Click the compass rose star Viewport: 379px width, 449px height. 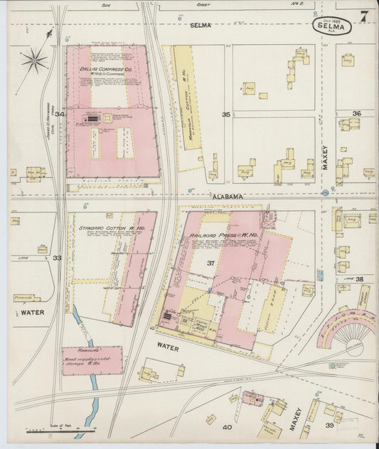33,60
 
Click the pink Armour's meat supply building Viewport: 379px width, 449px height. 92,360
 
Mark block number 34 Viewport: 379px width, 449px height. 60,114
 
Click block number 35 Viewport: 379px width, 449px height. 226,114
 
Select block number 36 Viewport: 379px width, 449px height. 356,114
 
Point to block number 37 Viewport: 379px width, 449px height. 210,263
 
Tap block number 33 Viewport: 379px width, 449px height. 57,258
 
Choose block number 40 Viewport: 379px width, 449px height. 227,428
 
